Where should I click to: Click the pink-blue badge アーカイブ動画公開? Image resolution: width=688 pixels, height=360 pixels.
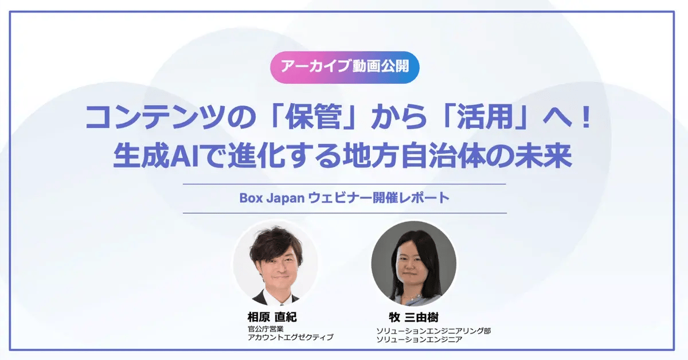point(345,67)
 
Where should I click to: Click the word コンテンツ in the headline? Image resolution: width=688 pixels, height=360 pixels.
point(136,118)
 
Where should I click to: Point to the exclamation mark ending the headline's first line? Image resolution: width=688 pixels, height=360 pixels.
point(585,118)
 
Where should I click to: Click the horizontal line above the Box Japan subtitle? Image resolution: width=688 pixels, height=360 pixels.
point(344,184)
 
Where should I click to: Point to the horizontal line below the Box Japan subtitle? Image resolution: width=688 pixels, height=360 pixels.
point(344,213)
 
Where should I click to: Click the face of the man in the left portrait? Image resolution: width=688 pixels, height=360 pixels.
point(274,264)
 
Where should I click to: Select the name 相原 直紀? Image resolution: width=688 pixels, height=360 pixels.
point(271,318)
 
